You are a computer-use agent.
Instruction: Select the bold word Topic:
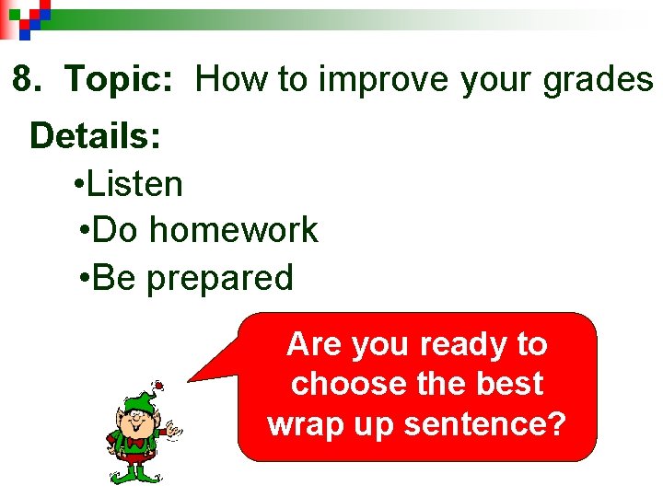(119, 81)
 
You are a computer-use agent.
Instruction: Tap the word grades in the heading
(598, 81)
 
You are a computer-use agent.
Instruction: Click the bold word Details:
(96, 136)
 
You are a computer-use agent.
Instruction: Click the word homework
(234, 230)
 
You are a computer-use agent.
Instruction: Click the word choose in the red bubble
(333, 384)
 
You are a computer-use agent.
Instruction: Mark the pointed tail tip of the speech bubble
(190, 379)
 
